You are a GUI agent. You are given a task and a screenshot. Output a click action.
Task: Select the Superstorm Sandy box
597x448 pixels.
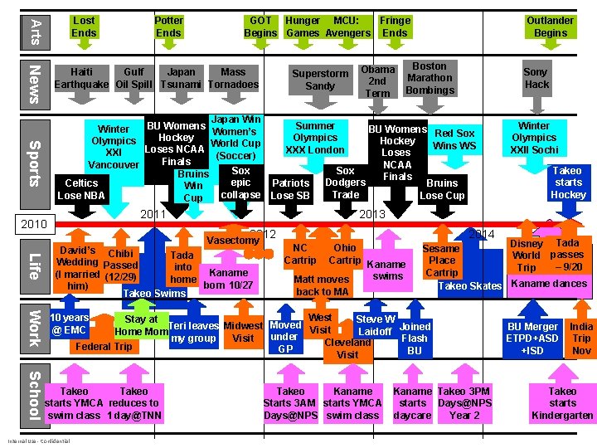[x=319, y=80]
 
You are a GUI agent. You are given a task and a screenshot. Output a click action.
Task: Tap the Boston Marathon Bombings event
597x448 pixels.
[x=429, y=78]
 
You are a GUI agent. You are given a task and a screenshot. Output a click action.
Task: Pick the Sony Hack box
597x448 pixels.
[x=536, y=78]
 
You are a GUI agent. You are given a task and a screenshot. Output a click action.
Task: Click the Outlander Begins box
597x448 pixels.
[x=550, y=27]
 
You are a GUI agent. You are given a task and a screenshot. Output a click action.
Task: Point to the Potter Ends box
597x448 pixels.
[x=168, y=27]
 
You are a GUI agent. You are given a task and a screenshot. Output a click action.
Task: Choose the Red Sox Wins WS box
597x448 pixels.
[x=454, y=139]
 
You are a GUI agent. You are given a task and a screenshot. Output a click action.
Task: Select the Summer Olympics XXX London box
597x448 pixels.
[x=315, y=138]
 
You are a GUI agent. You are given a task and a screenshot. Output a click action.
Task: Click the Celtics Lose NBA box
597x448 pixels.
[x=81, y=189]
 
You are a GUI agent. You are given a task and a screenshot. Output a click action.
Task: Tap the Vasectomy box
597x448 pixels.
[x=232, y=240]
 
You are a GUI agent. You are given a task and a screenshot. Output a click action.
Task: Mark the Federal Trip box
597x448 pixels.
[x=103, y=346]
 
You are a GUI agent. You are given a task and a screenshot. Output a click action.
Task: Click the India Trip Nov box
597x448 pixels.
[x=581, y=338]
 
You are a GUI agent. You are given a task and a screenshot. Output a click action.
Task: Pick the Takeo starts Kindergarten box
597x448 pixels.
[x=562, y=403]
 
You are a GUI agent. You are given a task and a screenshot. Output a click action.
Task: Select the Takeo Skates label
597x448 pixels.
[x=469, y=286]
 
